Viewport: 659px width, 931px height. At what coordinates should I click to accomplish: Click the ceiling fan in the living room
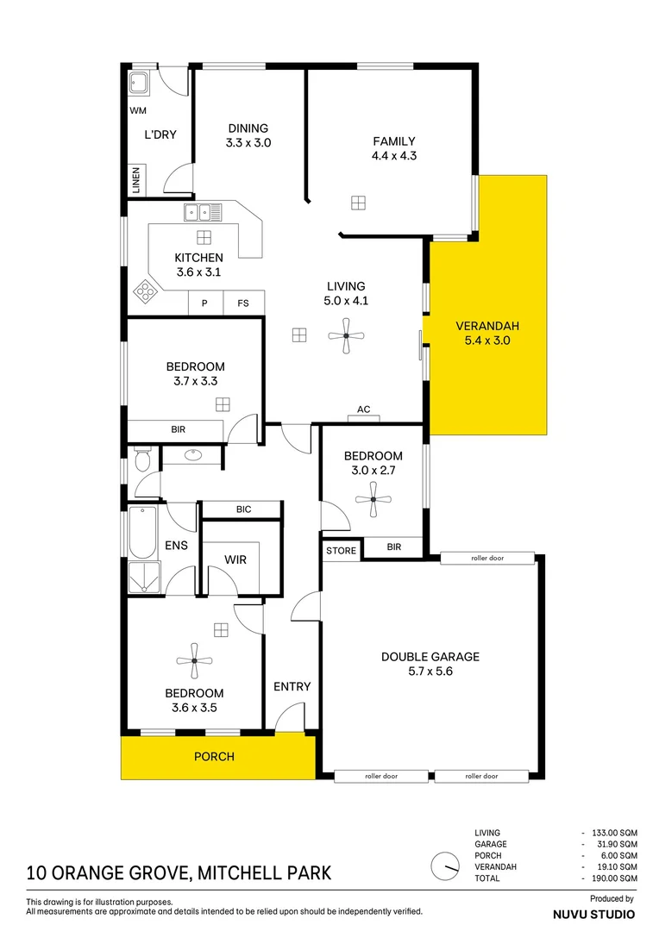coord(346,336)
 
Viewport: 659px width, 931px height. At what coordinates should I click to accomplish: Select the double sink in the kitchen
coord(203,212)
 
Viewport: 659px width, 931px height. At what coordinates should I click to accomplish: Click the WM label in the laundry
coord(138,110)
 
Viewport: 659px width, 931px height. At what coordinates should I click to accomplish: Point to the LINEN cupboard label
coord(136,180)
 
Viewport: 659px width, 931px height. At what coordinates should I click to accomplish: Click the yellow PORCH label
coord(214,757)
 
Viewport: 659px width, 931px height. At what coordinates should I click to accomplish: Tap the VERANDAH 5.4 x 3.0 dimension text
coord(487,341)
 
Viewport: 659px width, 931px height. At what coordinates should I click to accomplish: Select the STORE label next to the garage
coord(341,550)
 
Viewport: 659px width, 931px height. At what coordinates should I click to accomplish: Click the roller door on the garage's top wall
coord(487,558)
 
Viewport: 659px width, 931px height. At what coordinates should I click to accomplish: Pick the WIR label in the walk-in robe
coord(235,559)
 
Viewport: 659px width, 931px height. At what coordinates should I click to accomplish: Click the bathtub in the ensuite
coord(142,532)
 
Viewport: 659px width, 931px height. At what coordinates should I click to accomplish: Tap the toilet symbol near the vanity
coord(142,459)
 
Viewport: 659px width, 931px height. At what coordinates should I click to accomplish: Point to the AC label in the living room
coord(364,409)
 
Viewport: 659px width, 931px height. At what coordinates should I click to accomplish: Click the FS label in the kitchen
coord(243,303)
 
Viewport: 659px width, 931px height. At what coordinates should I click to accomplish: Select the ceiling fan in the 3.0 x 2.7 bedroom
coord(373,499)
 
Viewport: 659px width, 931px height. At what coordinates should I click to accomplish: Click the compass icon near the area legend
coord(445,866)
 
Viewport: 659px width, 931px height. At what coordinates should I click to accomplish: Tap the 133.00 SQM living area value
coord(614,833)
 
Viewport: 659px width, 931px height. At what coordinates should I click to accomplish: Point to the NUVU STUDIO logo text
coord(593,915)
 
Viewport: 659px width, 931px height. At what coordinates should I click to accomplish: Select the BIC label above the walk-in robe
coord(243,509)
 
